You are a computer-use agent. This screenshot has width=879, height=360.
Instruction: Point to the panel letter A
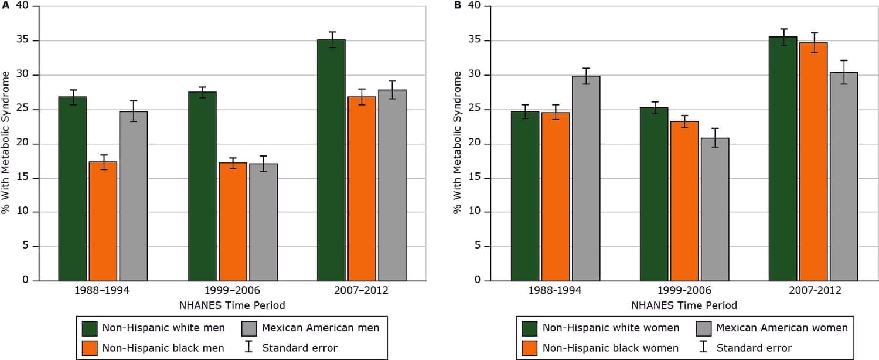tap(5, 5)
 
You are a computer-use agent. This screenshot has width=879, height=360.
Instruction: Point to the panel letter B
tap(458, 5)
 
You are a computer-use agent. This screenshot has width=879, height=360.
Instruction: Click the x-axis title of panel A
tap(232, 305)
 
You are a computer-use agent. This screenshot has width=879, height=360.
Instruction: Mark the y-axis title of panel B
tap(458, 142)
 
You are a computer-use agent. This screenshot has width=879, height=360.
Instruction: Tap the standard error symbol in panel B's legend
tap(703, 348)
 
